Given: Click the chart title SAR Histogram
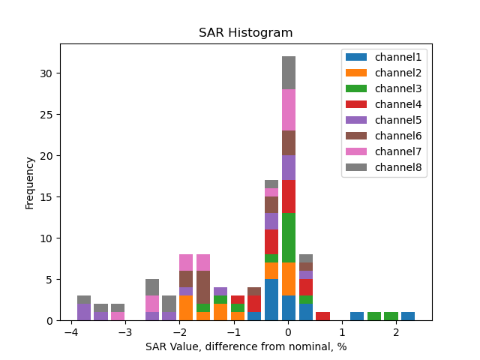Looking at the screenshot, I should coord(245,33).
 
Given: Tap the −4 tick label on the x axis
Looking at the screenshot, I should coord(71,332).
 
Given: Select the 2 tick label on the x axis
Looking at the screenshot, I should coord(396,332).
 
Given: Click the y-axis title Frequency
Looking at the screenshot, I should coord(30,182).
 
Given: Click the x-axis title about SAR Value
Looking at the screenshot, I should coord(245,346).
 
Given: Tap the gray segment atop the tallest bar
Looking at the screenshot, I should coord(289,73).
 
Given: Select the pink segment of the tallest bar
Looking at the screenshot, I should coord(289,110).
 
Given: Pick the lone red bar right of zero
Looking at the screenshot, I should coord(323,316).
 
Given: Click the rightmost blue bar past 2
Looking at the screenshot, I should coord(408,316).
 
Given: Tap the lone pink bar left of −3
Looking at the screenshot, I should coord(118,316).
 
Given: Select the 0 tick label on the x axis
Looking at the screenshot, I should coord(288,332).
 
